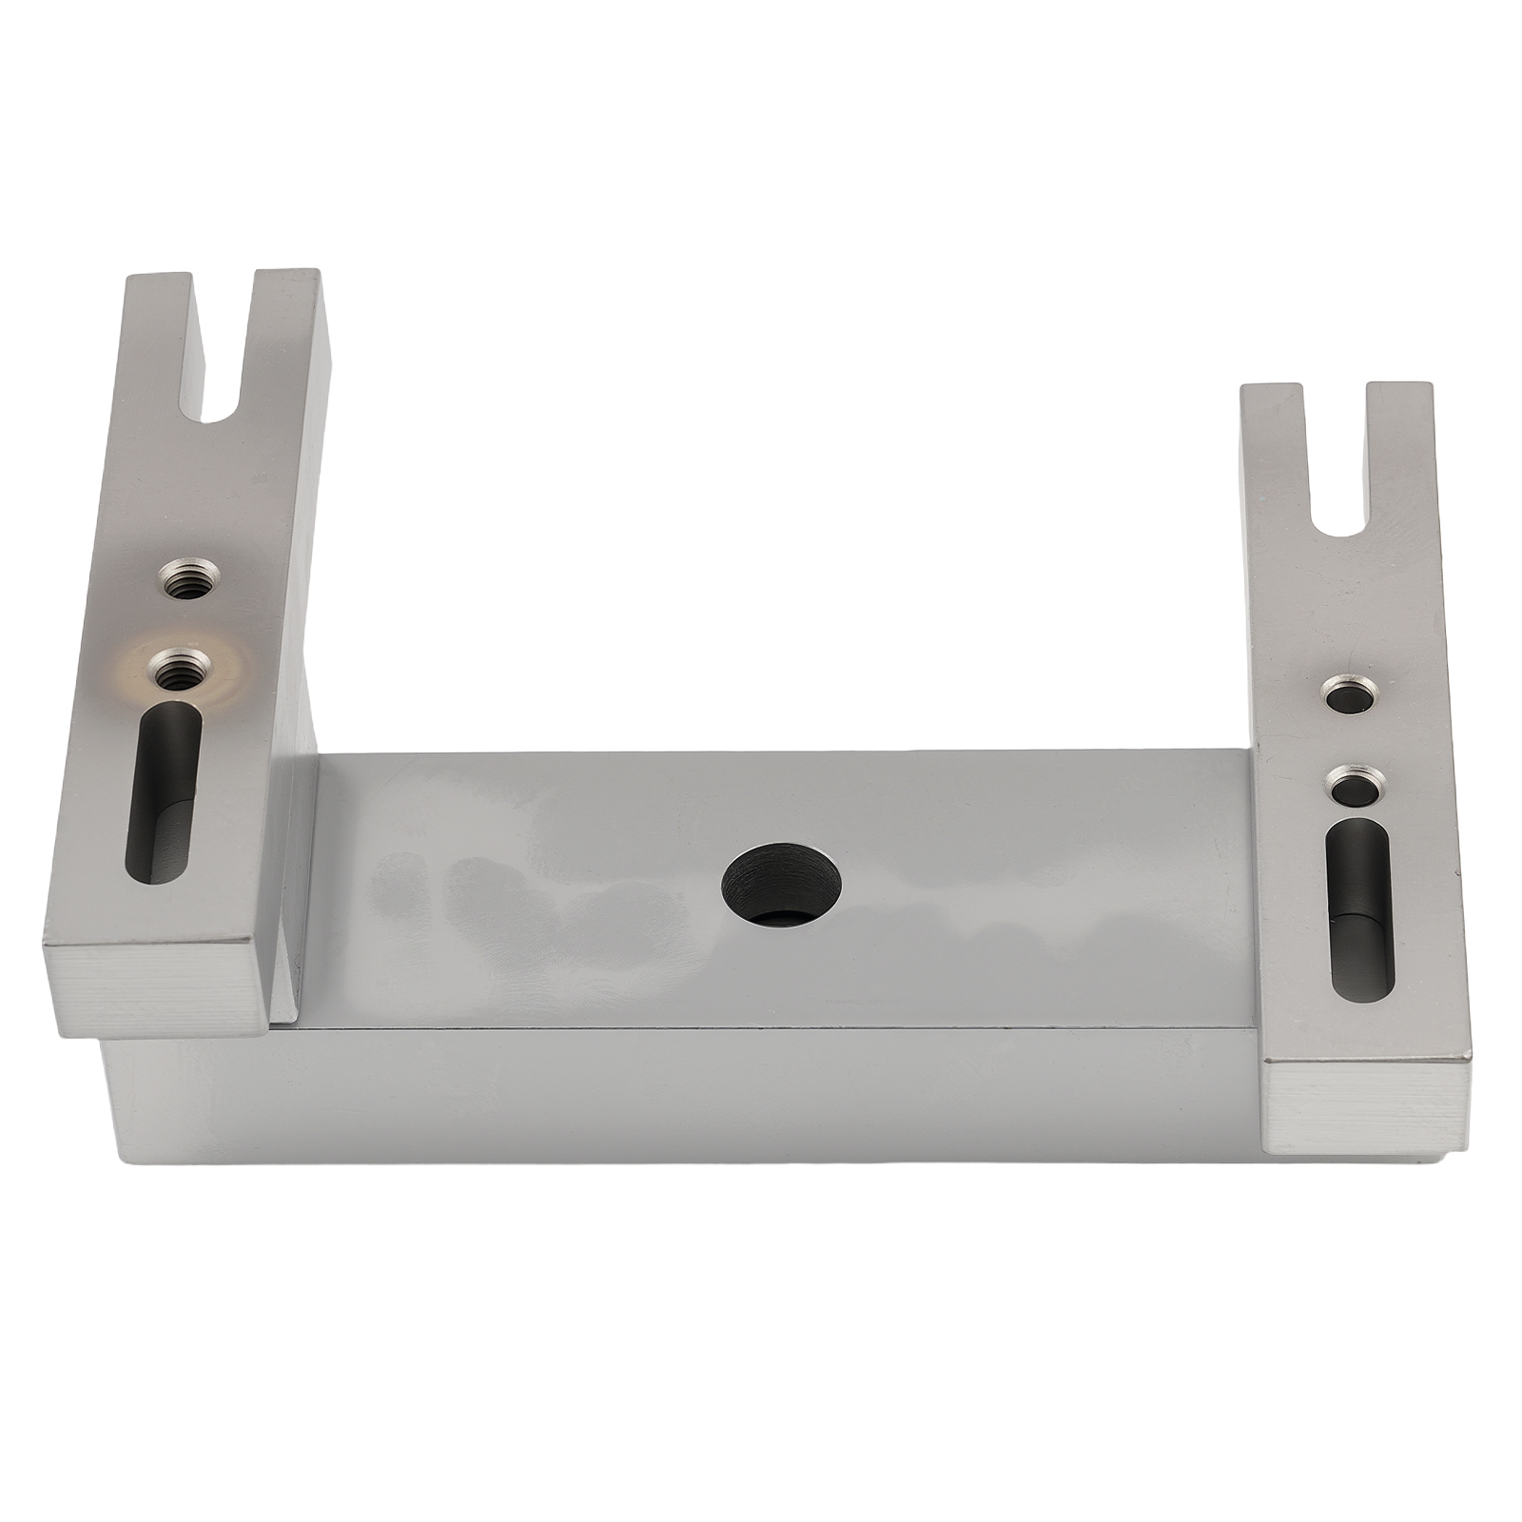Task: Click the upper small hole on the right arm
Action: [x=1349, y=694]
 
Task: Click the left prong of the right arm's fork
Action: [x=1272, y=447]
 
